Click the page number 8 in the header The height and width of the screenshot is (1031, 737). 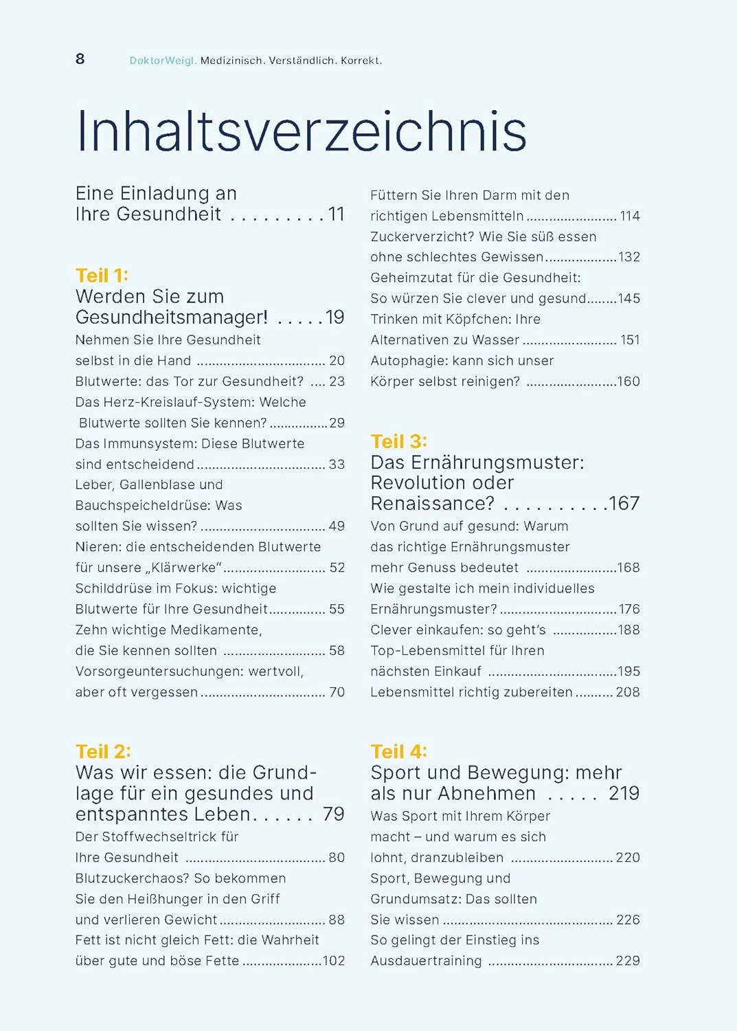(80, 59)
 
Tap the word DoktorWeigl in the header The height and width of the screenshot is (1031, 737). (163, 60)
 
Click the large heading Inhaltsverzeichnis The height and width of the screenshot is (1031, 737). (302, 131)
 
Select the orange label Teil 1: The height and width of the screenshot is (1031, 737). (102, 276)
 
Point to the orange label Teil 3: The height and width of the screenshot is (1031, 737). (399, 441)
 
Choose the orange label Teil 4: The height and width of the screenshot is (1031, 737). (399, 752)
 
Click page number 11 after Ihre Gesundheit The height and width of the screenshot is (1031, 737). (337, 214)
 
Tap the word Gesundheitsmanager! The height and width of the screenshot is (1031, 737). (172, 317)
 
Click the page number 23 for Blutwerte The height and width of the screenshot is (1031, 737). (337, 381)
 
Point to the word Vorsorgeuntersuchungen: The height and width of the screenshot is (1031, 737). (159, 672)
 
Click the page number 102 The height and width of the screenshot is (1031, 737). (334, 961)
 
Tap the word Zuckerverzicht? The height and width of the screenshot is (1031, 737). (422, 236)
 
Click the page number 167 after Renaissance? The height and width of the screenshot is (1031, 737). (624, 504)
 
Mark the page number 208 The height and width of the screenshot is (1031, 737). (628, 692)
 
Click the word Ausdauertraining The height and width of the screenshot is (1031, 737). (427, 961)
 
